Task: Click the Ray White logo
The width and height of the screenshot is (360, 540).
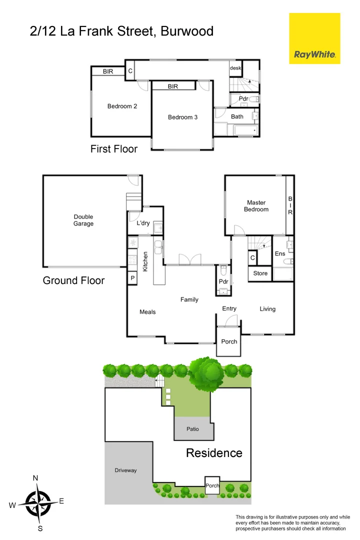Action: [314, 54]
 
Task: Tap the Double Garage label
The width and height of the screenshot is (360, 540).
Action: [83, 220]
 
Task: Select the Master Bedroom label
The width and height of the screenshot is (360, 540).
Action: [256, 206]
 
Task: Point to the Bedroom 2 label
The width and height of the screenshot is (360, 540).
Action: [122, 106]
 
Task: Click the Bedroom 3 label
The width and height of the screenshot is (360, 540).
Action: [182, 117]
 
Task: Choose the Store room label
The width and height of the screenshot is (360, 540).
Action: [260, 273]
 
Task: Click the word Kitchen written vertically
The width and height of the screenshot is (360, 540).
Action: [145, 261]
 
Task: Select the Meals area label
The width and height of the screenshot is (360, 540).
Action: [147, 312]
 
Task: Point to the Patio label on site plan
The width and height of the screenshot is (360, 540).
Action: [193, 429]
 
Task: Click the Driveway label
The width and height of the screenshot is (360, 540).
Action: [125, 470]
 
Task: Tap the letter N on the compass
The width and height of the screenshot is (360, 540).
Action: [35, 478]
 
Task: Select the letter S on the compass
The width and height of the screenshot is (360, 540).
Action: [40, 528]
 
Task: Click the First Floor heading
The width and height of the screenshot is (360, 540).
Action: [113, 148]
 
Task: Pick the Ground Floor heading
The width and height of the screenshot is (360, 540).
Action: [73, 280]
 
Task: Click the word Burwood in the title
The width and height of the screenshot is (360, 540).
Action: [187, 31]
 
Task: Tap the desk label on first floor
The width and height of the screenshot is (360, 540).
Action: [235, 67]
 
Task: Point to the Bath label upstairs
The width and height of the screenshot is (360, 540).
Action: [237, 116]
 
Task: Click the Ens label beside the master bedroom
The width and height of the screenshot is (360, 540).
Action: [279, 254]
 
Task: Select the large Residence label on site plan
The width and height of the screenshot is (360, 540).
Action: [214, 453]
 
